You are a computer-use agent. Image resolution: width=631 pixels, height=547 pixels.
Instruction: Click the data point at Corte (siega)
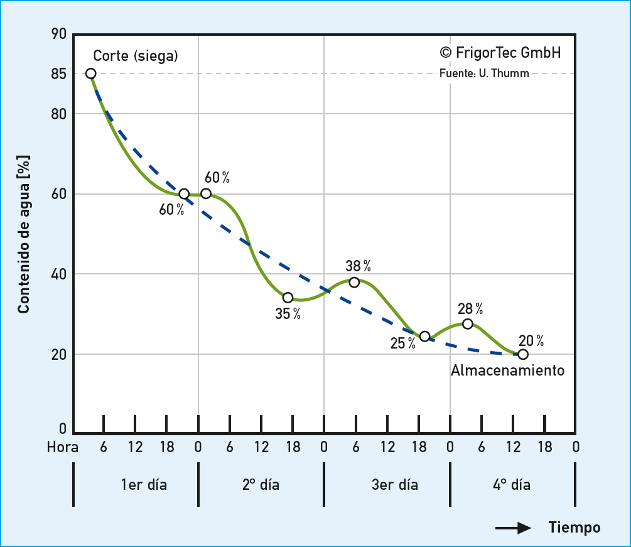click(x=91, y=73)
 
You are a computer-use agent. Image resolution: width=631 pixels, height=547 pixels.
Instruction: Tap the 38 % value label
click(x=358, y=266)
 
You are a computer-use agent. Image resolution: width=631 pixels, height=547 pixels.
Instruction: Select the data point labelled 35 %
click(x=288, y=298)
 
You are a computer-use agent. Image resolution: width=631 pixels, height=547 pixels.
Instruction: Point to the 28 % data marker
click(x=468, y=324)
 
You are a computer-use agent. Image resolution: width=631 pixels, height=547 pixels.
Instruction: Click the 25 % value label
click(x=402, y=344)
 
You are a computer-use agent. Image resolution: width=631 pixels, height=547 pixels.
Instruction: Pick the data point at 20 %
click(x=523, y=354)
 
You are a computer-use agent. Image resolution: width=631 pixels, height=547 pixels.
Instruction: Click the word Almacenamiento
click(x=507, y=371)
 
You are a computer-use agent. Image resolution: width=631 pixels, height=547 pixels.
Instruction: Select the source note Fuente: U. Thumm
click(x=484, y=73)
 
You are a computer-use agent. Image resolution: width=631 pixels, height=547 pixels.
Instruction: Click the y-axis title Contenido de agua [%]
click(x=24, y=234)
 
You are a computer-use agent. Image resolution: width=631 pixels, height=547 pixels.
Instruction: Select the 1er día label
click(x=144, y=485)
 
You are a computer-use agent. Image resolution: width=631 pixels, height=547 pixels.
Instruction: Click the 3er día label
click(x=394, y=485)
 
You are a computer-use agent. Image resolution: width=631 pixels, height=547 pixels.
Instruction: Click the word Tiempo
click(x=574, y=528)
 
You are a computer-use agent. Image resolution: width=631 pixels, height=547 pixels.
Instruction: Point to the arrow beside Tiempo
click(x=514, y=528)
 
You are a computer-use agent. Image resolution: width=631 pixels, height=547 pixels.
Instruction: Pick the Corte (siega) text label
click(x=136, y=56)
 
